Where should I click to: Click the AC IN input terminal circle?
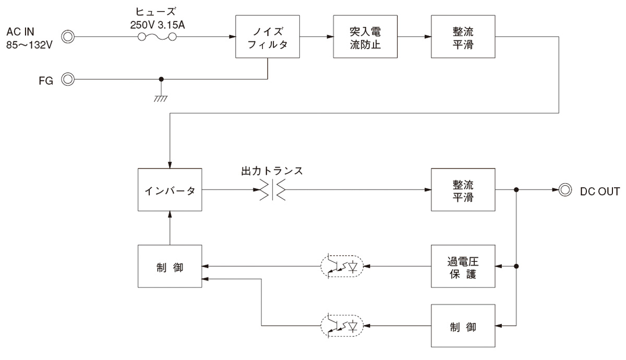tap(68, 37)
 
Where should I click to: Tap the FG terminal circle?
tap(68, 80)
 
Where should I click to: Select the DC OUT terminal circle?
tap(564, 190)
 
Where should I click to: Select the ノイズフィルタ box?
tap(268, 37)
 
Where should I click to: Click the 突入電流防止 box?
tap(365, 37)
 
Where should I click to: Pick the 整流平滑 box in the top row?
tap(463, 37)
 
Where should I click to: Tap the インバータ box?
tap(170, 190)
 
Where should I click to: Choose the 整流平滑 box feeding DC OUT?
tap(463, 190)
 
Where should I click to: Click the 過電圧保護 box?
tap(463, 266)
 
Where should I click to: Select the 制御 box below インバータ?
tap(170, 266)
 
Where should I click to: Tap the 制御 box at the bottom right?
tap(463, 326)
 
